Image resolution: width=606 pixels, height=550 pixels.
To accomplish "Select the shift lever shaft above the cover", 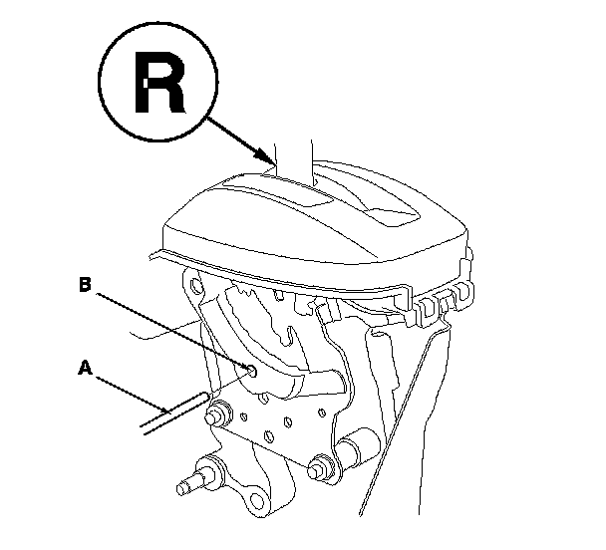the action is point(294,149).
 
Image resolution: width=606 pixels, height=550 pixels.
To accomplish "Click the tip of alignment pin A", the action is point(205,398).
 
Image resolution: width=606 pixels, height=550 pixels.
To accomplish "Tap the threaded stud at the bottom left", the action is point(189,485).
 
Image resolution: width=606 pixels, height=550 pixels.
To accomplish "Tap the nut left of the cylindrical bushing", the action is point(321,463).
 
